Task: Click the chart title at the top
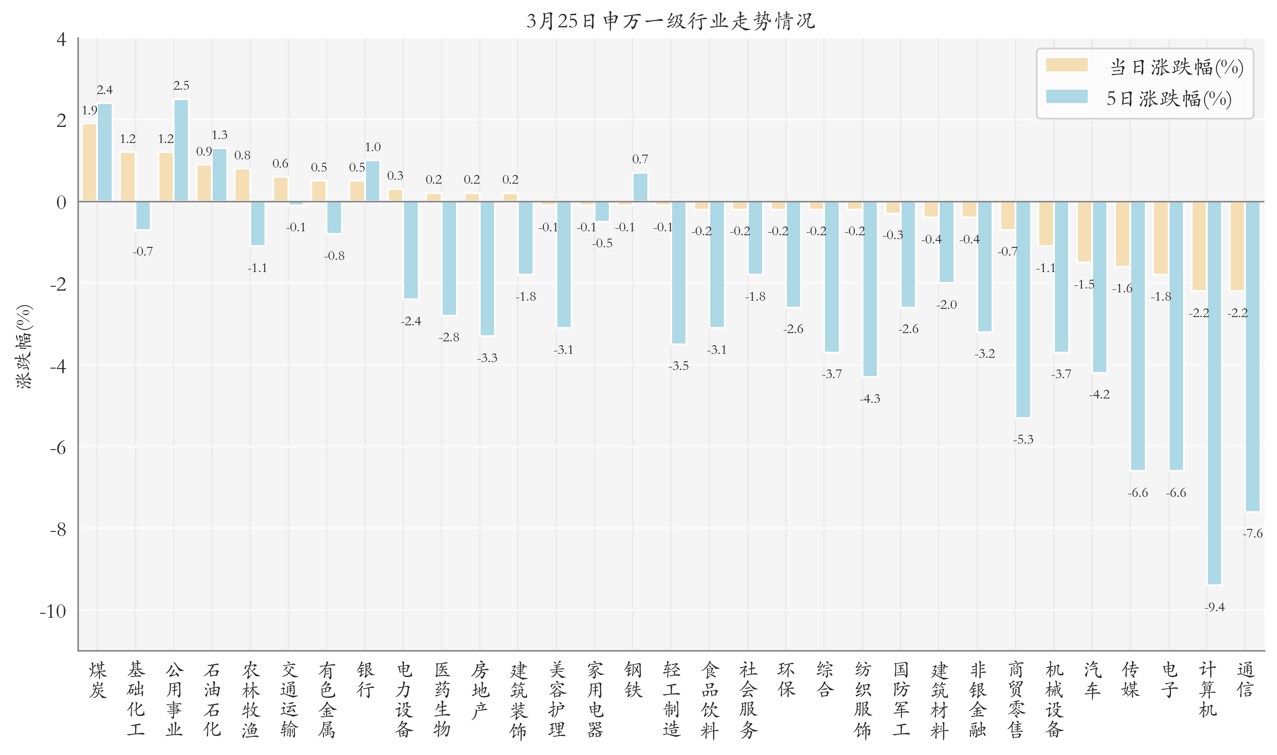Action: tap(670, 21)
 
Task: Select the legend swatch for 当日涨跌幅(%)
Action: tap(1067, 65)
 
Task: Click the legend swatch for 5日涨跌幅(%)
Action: tap(1067, 97)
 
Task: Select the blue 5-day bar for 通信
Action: tap(1253, 356)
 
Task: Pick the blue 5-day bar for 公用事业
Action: tap(181, 151)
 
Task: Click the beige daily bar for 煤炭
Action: tap(90, 163)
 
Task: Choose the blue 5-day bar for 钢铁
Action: tap(640, 187)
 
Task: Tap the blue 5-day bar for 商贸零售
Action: tap(1023, 309)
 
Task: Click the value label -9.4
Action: tap(1215, 607)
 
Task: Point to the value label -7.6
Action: tap(1253, 533)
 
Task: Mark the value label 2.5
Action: tap(181, 85)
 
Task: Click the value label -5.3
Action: tap(1023, 440)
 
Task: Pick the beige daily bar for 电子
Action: tap(1161, 238)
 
